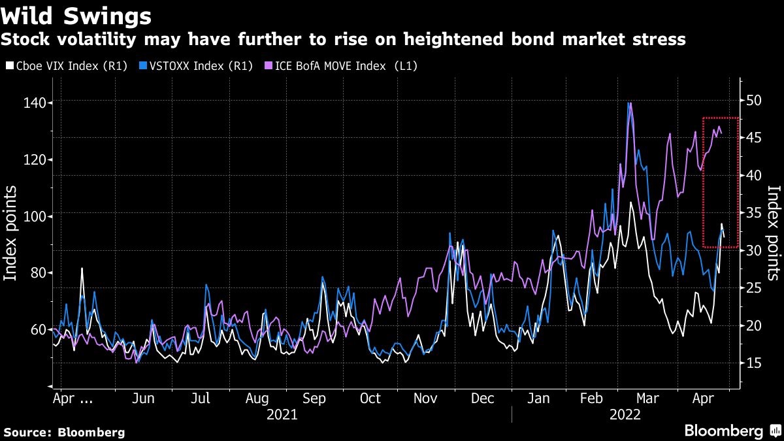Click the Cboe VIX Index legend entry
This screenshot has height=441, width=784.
point(65,66)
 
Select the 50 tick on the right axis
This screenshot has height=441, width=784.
point(755,101)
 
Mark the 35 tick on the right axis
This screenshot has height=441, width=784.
point(755,212)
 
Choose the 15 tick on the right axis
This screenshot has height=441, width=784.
point(755,363)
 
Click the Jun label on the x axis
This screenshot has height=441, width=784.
point(143,399)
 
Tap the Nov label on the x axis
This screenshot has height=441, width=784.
point(427,399)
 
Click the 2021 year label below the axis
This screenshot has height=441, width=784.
point(282,414)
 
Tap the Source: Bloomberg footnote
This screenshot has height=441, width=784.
point(64,432)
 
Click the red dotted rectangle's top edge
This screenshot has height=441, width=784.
point(721,118)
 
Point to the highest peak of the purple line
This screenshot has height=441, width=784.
point(629,103)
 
